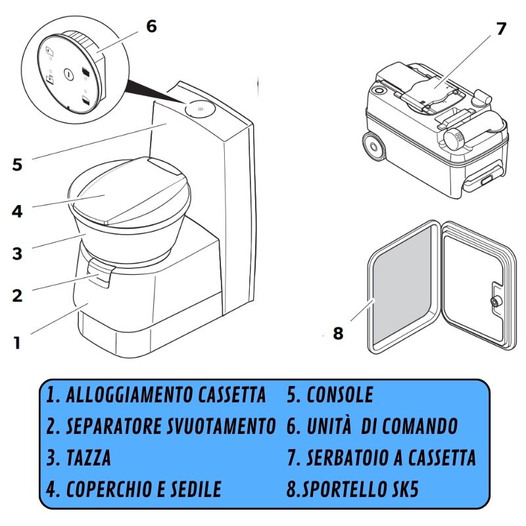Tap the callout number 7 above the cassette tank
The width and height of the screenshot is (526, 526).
click(501, 29)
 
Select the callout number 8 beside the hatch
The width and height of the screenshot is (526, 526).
click(338, 333)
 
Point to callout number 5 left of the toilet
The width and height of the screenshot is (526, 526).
click(17, 164)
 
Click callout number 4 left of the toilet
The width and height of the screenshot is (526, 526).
click(17, 212)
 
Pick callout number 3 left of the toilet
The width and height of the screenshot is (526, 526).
click(17, 253)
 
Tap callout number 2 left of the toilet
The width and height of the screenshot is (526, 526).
click(17, 295)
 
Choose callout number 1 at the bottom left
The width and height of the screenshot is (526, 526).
click(17, 343)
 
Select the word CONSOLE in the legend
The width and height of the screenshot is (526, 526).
click(339, 395)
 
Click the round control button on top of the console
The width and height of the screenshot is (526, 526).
click(197, 108)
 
